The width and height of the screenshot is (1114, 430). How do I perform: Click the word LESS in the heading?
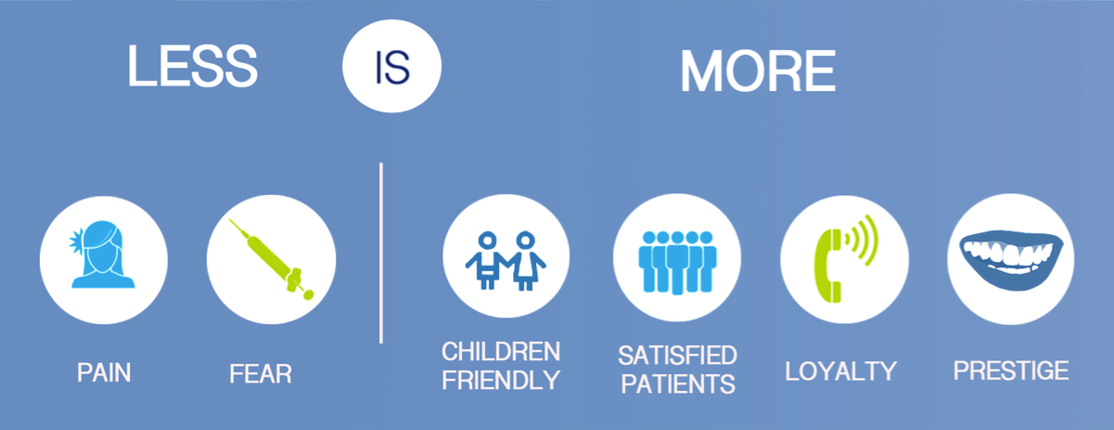(x=192, y=66)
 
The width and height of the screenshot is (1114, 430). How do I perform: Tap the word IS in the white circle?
(x=392, y=68)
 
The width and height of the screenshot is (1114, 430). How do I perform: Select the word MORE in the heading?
(x=758, y=72)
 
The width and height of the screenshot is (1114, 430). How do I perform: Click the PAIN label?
(x=104, y=372)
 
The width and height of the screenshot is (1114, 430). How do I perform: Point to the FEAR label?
(x=261, y=373)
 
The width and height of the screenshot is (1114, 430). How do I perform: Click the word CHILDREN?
(x=501, y=351)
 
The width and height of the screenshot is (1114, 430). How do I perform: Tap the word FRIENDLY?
(x=501, y=380)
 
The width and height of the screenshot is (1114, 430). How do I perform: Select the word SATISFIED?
(x=677, y=356)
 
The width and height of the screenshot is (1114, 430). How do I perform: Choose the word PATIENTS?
(x=678, y=384)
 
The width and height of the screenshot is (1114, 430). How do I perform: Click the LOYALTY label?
(x=840, y=371)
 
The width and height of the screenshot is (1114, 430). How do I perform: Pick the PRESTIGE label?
(x=1011, y=371)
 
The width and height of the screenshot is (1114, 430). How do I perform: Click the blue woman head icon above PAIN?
(x=102, y=254)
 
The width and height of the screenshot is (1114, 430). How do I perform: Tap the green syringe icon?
(x=272, y=259)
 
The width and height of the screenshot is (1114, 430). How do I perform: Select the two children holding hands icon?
(x=506, y=260)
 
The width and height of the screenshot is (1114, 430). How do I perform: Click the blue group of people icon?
(x=677, y=262)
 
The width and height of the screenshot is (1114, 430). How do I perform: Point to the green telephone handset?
(x=826, y=266)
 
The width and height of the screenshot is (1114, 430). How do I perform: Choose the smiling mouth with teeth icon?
(x=1011, y=260)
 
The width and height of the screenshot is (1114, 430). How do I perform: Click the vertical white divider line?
(x=381, y=253)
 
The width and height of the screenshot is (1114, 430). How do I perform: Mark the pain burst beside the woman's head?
(x=77, y=241)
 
